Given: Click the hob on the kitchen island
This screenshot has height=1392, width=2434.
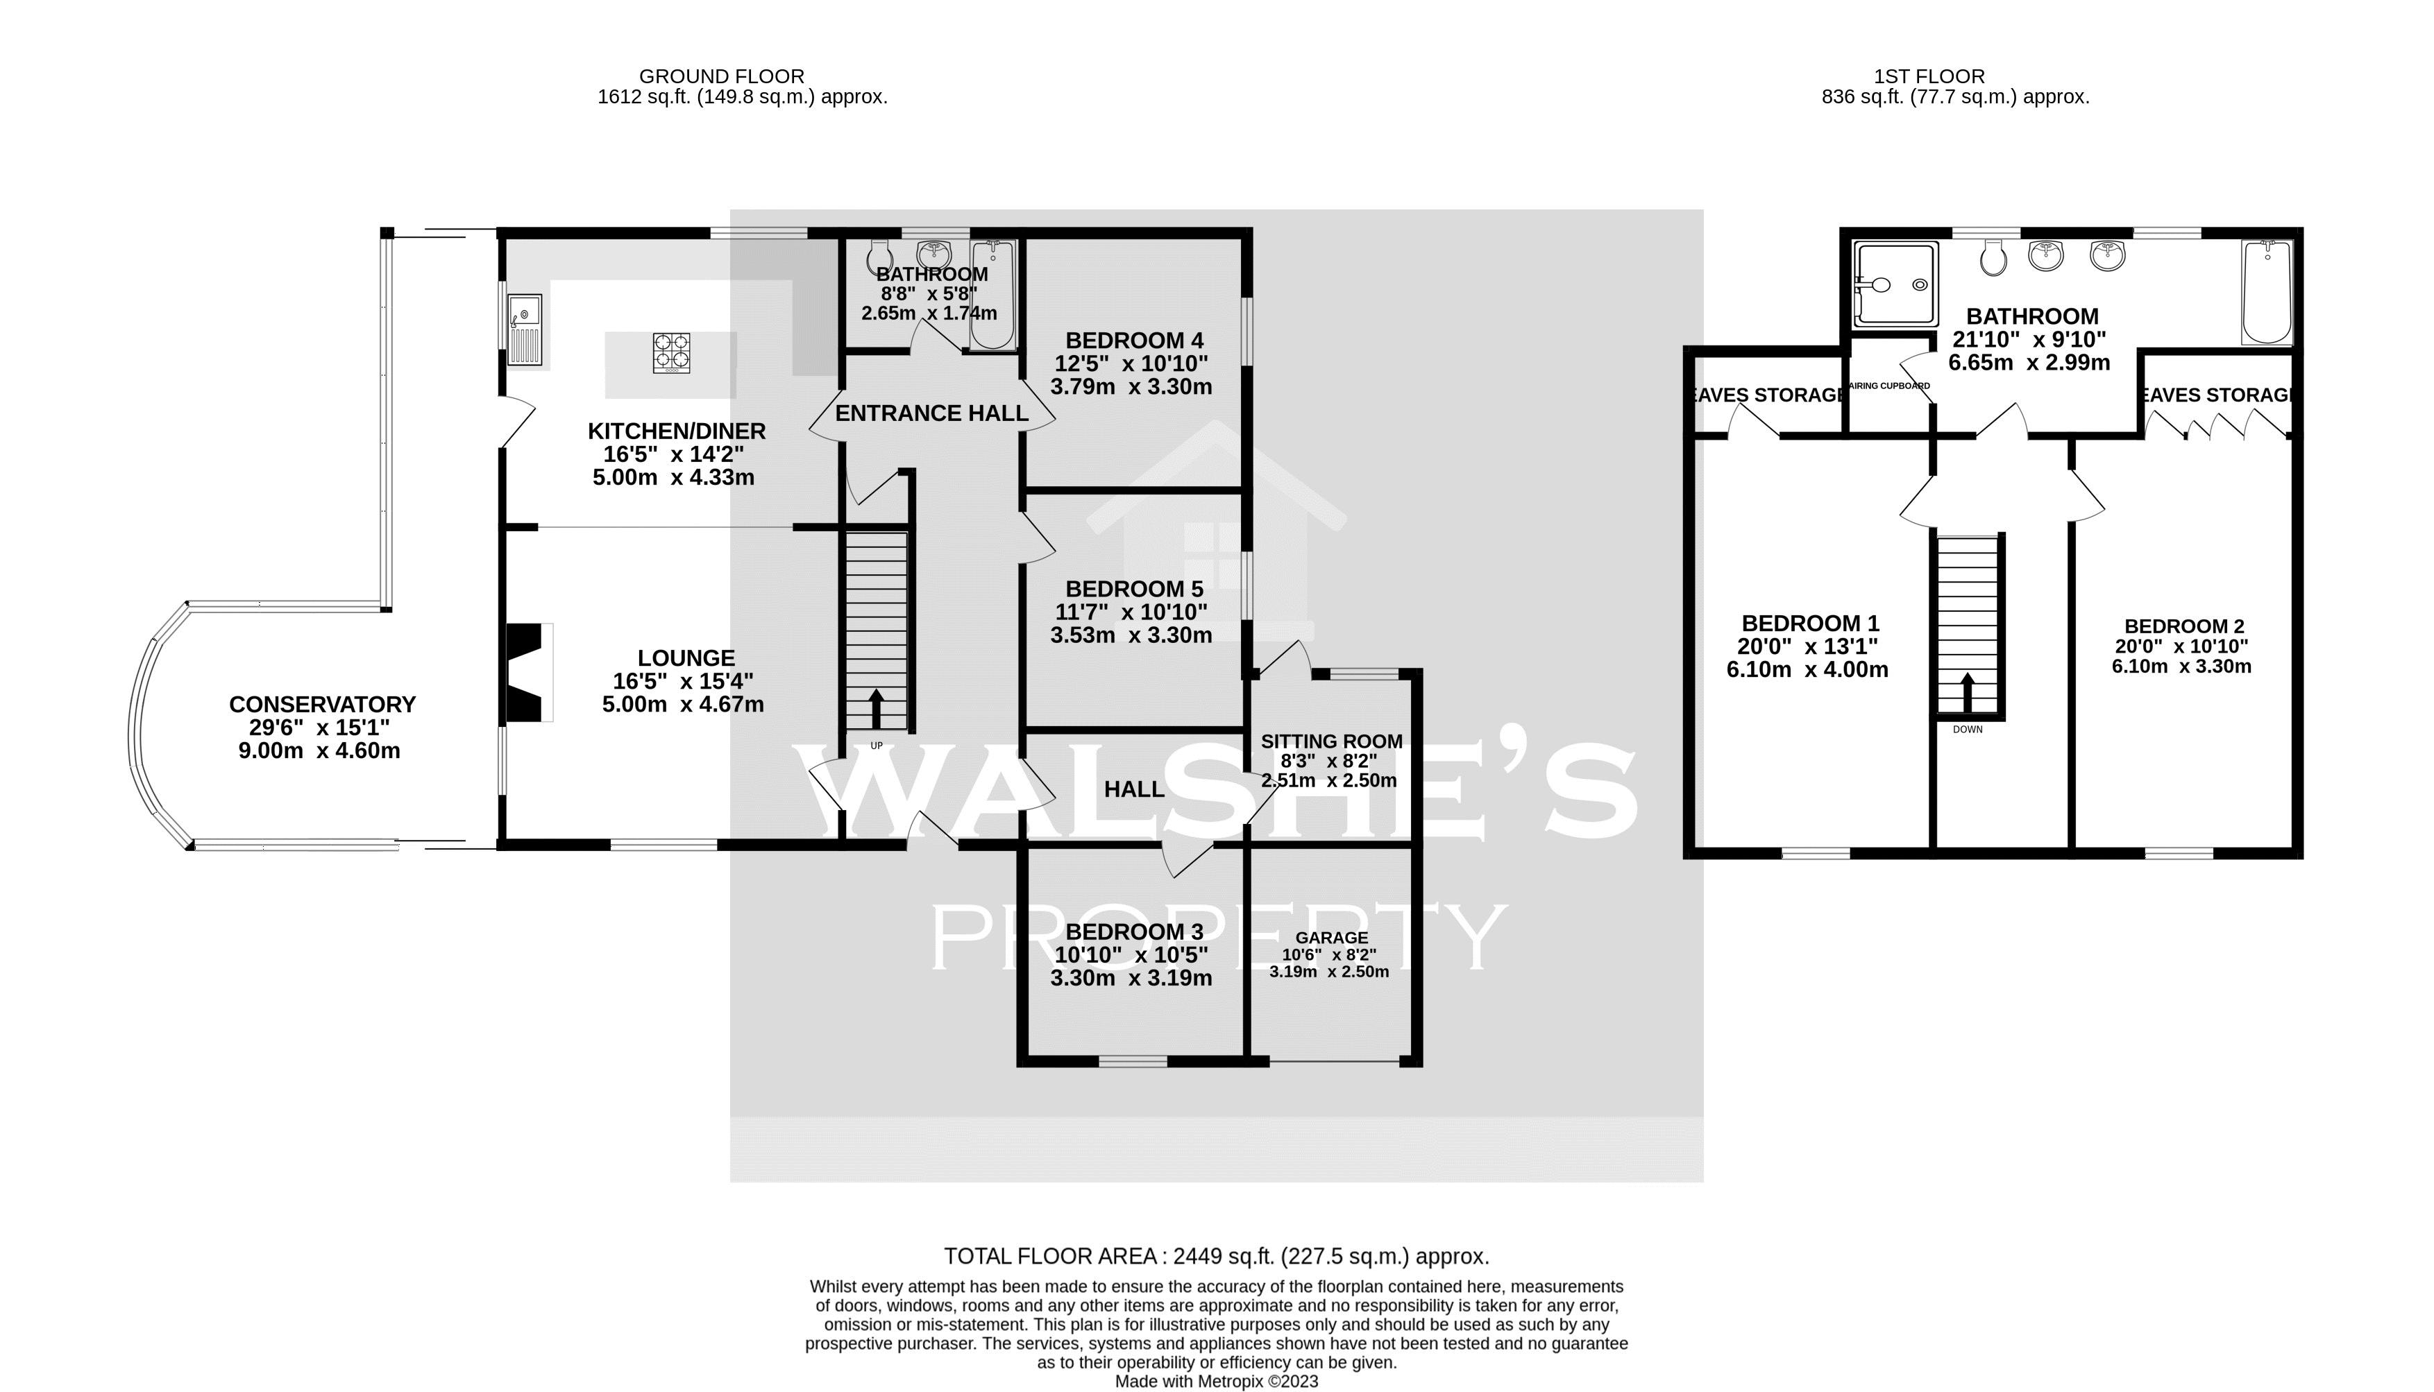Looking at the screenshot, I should pos(671,353).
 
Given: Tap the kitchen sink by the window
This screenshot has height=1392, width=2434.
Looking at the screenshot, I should pos(525,330).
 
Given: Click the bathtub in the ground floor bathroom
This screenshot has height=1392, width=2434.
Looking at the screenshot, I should pos(992,295).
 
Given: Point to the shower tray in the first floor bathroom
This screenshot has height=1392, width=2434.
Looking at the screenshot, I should pos(1895,283).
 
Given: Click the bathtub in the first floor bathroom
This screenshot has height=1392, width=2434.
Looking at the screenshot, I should pos(2267,291).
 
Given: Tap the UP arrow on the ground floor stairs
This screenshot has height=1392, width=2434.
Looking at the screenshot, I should pos(876,710).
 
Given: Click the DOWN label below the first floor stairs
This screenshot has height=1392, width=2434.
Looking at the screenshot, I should pos(1968,730).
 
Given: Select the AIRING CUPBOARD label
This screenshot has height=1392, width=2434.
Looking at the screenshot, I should pos(1889,386).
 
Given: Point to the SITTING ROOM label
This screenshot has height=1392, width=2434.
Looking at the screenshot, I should pos(1331,741).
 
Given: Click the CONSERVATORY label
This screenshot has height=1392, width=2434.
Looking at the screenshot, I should pos(322,705).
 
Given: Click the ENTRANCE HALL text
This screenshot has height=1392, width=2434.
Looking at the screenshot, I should pos(931,413).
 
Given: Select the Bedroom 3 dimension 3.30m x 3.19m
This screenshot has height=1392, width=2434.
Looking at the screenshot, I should pos(1131,978).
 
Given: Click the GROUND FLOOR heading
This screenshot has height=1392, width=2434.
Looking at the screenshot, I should pos(721,76).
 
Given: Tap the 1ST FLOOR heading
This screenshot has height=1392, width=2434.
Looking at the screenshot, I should pos(1929,76).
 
